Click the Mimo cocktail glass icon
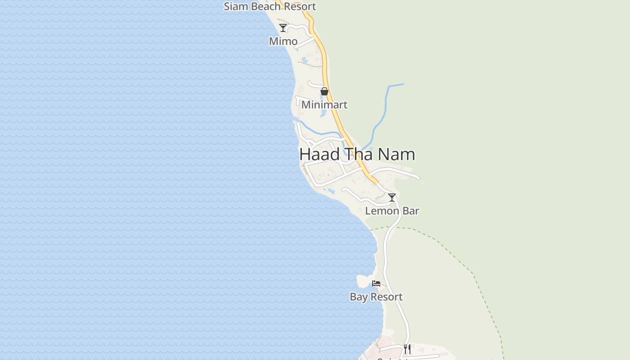click(x=283, y=28)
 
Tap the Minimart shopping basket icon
click(x=324, y=91)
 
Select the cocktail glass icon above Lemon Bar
click(x=392, y=197)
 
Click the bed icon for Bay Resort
click(x=376, y=283)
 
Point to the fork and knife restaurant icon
click(x=407, y=349)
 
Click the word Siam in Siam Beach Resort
click(x=234, y=6)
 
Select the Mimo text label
click(x=283, y=41)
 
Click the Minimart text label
click(x=324, y=105)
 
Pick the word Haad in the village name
click(x=319, y=154)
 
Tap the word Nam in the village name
click(x=396, y=154)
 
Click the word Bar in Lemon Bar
click(x=410, y=211)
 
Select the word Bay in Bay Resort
click(x=358, y=297)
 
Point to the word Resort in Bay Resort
click(x=386, y=297)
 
